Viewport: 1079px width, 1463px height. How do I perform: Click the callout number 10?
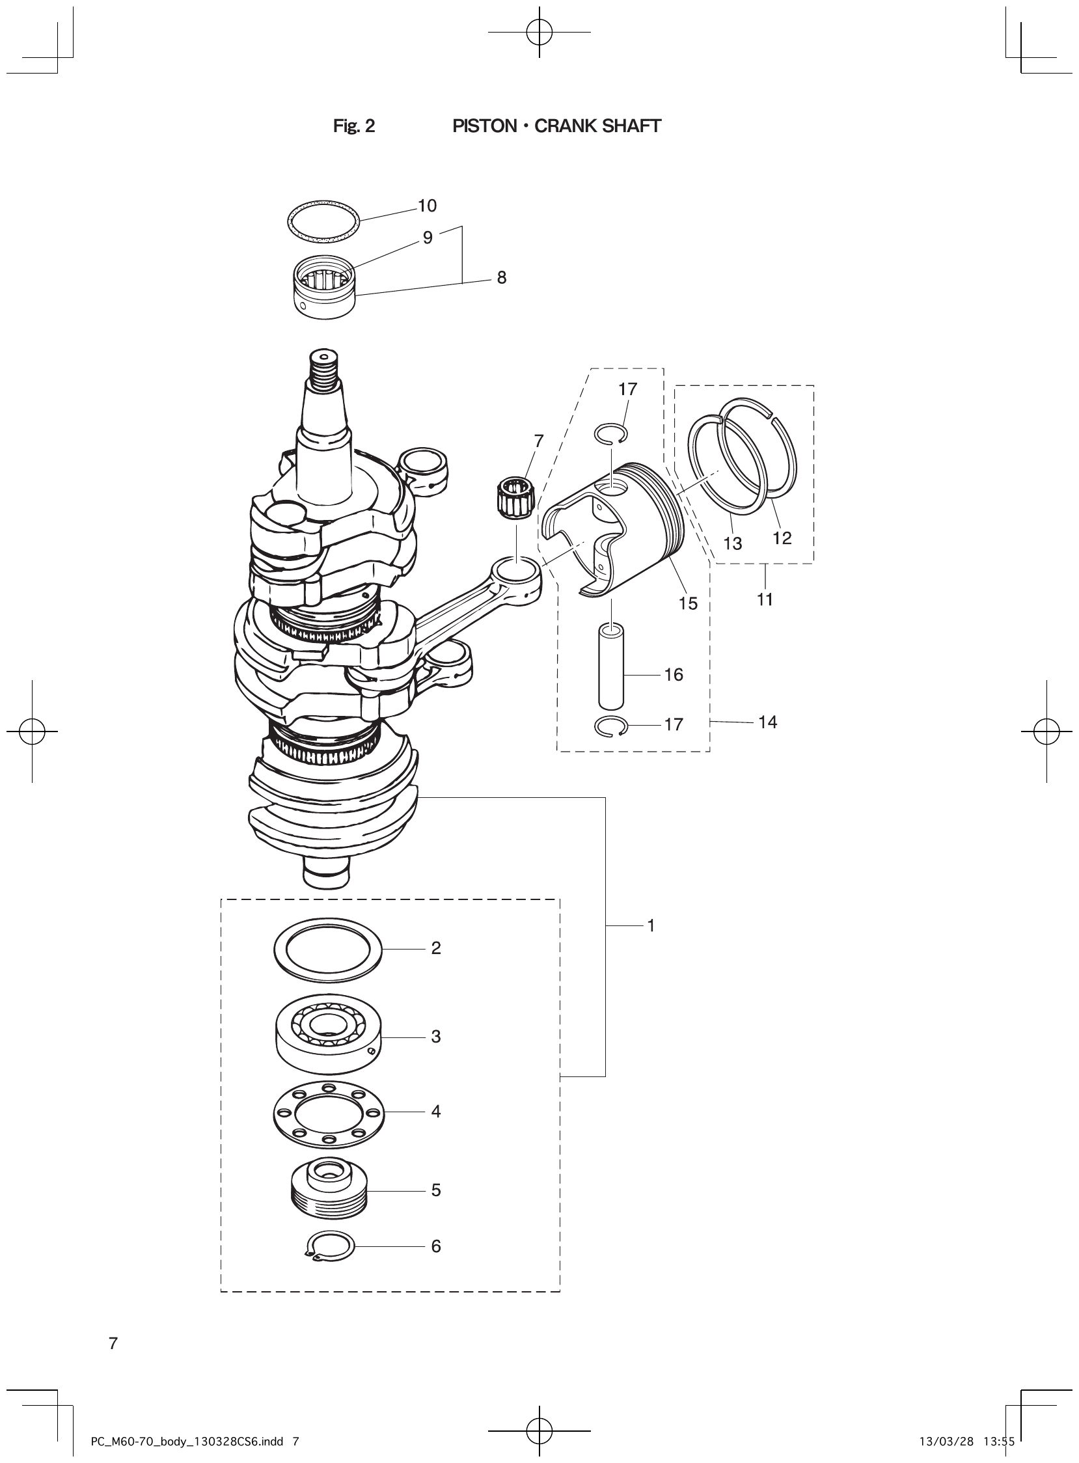click(427, 206)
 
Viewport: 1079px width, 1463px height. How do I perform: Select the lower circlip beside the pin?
click(611, 726)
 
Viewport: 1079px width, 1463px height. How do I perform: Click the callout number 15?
click(688, 603)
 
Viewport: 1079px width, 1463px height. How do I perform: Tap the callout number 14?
click(767, 722)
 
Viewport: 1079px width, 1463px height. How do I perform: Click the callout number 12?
click(782, 538)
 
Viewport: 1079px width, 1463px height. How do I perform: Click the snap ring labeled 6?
click(330, 1246)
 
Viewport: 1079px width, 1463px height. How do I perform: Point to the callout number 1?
click(651, 925)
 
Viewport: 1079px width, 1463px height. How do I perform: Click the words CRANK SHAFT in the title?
click(597, 126)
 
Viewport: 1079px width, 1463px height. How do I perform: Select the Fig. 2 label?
click(354, 126)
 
